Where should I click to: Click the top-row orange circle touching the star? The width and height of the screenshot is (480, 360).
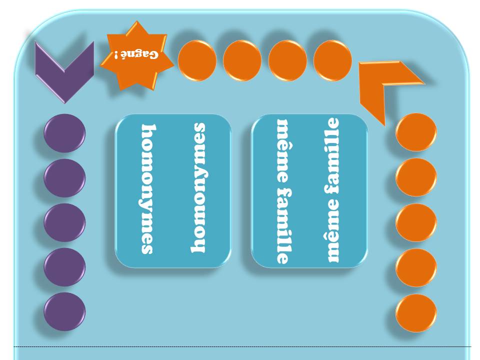pyautogui.click(x=197, y=60)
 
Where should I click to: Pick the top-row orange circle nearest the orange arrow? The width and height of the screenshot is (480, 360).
pyautogui.click(x=332, y=60)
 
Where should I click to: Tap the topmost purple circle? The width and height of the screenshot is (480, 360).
pyautogui.click(x=64, y=133)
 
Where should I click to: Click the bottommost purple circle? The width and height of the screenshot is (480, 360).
pyautogui.click(x=64, y=311)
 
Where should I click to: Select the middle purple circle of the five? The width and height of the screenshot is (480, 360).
pyautogui.click(x=64, y=222)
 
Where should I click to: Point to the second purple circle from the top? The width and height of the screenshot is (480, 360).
pyautogui.click(x=64, y=177)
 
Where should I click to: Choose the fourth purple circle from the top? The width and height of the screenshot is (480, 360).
pyautogui.click(x=64, y=267)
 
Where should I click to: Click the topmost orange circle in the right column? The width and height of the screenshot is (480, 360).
pyautogui.click(x=416, y=132)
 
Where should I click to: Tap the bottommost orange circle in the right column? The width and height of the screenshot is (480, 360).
pyautogui.click(x=416, y=313)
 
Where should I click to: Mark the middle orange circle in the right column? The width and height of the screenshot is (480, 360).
pyautogui.click(x=416, y=222)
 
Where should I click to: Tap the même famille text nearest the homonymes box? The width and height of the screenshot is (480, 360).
pyautogui.click(x=282, y=191)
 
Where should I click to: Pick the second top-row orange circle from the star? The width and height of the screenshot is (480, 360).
pyautogui.click(x=242, y=60)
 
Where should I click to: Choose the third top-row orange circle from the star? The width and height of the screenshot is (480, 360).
pyautogui.click(x=287, y=60)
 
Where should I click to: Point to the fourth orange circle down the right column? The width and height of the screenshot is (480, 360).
pyautogui.click(x=416, y=267)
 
